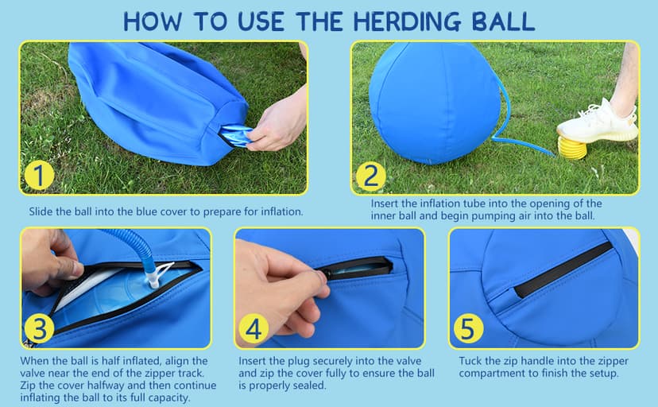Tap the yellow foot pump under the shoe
pyautogui.click(x=571, y=148)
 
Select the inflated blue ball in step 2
pyautogui.click(x=434, y=103)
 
